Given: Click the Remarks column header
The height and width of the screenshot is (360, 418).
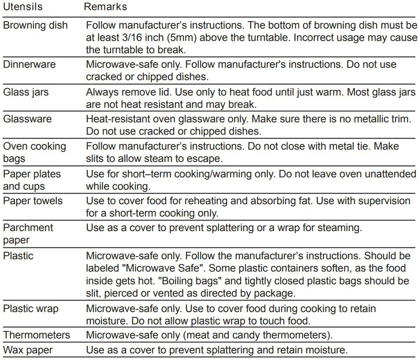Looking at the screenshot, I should (106, 7).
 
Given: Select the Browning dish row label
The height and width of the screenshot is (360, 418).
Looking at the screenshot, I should (35, 25).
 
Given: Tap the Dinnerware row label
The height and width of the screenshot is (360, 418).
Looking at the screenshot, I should (29, 64).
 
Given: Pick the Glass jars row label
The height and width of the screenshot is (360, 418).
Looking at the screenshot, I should (26, 92).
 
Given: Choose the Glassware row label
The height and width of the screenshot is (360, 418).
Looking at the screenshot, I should (27, 119).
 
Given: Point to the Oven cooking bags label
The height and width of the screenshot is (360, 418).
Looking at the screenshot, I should (34, 152).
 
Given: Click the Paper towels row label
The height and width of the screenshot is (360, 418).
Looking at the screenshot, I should (33, 201).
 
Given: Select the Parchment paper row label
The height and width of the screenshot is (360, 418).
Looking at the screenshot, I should (28, 234).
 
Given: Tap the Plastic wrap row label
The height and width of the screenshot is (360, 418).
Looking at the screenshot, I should (30, 309).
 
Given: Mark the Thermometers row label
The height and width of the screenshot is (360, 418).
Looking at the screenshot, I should (37, 335).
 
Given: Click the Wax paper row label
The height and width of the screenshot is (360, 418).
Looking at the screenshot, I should (28, 351).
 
